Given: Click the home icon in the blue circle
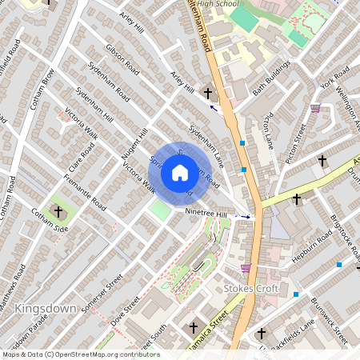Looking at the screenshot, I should coord(180,172).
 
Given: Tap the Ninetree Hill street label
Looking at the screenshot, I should coord(206,214).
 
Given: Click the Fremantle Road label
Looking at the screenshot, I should coord(82,194).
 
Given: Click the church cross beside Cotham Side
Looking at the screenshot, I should coord(58,212).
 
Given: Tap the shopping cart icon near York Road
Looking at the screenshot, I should coord(315,108).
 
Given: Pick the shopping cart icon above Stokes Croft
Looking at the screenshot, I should coord(245,268).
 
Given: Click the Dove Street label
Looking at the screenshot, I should coord(126,310).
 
